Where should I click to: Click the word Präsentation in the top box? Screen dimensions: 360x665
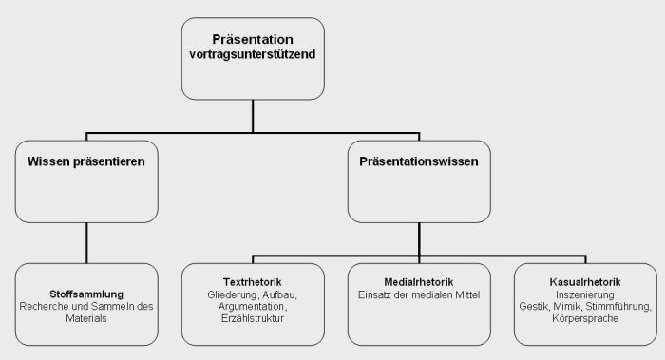pos(252,40)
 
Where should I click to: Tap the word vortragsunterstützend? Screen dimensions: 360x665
pos(252,54)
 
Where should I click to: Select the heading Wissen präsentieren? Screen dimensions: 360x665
pos(86,161)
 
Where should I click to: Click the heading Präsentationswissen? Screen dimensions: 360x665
pos(418,161)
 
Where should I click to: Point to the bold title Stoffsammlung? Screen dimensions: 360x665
pos(86,294)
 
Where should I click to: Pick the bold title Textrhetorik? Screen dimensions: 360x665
pos(252,282)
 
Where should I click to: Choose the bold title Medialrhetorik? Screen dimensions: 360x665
pos(418,282)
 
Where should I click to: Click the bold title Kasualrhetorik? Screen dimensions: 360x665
pos(584,282)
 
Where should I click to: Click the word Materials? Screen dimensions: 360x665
pos(86,319)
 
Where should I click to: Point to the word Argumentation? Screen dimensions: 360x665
pos(250,307)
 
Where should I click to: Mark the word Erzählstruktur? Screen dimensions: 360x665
pos(252,319)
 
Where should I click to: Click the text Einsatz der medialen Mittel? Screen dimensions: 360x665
pos(418,294)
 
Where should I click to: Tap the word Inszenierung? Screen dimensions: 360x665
pos(584,294)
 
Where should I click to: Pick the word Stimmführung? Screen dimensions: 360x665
pos(619,307)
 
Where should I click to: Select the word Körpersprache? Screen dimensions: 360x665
pos(584,319)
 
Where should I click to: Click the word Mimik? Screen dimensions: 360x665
pos(570,307)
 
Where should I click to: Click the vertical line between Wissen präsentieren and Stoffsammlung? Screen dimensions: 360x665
pos(86,242)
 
